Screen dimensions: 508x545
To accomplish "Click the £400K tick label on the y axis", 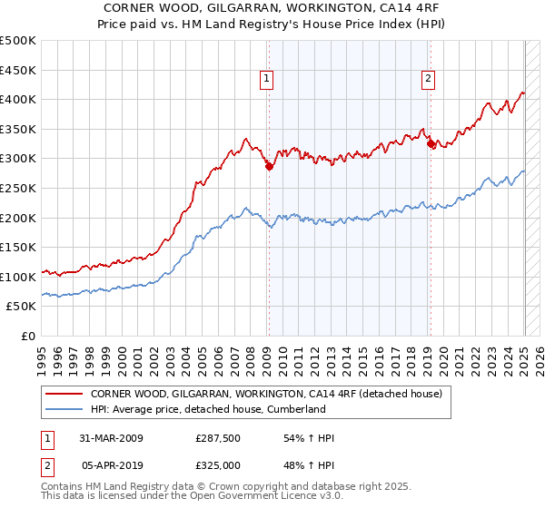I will click(x=19, y=100).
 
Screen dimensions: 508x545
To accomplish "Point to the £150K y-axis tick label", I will click(x=19, y=248).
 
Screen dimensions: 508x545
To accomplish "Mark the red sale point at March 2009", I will click(x=269, y=166).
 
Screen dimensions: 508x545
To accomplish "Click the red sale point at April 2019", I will click(x=431, y=143).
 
